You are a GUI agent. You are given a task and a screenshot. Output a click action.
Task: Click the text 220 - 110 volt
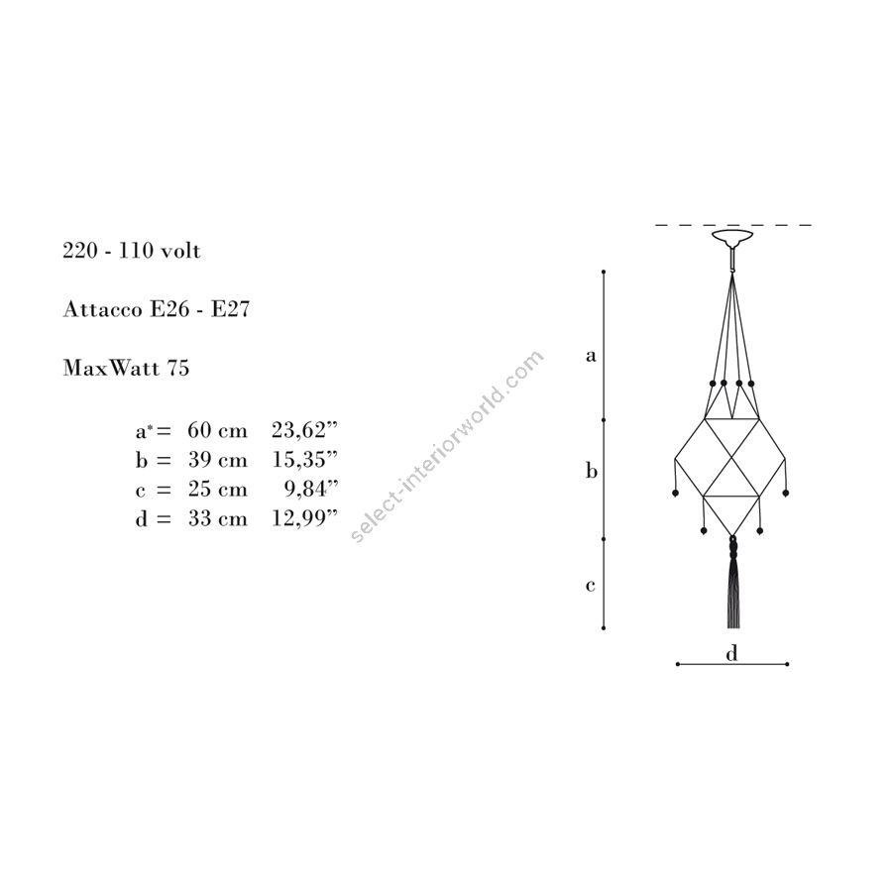pyautogui.click(x=132, y=251)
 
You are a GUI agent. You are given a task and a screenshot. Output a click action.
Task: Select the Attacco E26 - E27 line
pyautogui.click(x=157, y=309)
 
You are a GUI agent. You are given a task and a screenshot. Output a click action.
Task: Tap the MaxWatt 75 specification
pyautogui.click(x=126, y=368)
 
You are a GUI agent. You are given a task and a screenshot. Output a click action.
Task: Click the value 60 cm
pyautogui.click(x=218, y=430)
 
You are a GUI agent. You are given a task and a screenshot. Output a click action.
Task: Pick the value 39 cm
pyautogui.click(x=218, y=460)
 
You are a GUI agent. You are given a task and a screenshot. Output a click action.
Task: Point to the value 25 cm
pyautogui.click(x=218, y=490)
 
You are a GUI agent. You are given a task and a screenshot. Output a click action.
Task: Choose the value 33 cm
pyautogui.click(x=218, y=518)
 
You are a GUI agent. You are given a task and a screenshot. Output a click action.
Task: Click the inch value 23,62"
pyautogui.click(x=305, y=430)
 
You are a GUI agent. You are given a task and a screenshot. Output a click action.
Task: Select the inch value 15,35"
pyautogui.click(x=305, y=460)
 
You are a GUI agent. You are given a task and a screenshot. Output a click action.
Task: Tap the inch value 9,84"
pyautogui.click(x=311, y=490)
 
